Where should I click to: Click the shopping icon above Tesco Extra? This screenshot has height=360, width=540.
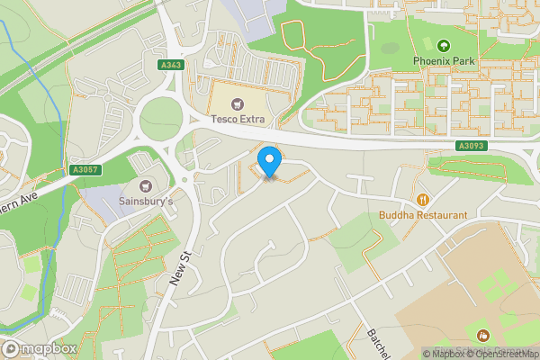click(238, 103)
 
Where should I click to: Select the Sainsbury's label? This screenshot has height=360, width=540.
click(146, 202)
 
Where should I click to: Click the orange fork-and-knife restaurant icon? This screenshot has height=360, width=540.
click(422, 199)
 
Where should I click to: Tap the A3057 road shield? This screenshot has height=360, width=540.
click(85, 168)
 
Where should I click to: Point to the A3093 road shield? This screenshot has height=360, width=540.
click(470, 146)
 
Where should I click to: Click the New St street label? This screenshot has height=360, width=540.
click(181, 270)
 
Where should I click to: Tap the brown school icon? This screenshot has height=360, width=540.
click(480, 335)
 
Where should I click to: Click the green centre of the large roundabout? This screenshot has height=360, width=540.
click(160, 118)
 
